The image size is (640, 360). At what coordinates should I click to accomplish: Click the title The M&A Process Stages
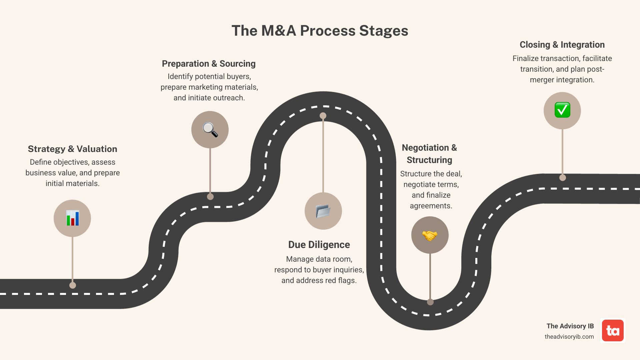(320, 31)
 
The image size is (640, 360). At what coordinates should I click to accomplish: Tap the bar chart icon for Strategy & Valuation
(72, 218)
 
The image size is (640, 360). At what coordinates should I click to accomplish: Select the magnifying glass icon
(210, 130)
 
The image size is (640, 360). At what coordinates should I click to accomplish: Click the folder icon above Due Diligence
(323, 211)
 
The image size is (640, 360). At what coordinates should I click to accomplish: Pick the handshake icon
(430, 235)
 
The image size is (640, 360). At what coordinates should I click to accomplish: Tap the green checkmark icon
(562, 110)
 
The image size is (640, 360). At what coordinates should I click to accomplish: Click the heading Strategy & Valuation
(72, 149)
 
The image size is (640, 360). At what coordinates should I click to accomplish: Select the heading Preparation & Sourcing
(209, 64)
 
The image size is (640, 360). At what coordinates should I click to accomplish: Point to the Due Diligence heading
(319, 245)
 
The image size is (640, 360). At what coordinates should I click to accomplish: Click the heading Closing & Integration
(562, 45)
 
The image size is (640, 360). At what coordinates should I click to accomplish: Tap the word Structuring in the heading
(429, 160)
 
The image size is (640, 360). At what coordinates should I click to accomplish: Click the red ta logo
(613, 331)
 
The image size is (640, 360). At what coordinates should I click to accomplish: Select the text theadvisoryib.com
(569, 337)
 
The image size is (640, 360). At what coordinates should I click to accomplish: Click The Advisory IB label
(570, 326)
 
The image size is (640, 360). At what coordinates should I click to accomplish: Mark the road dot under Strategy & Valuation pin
(73, 285)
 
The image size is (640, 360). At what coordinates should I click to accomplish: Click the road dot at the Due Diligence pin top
(323, 116)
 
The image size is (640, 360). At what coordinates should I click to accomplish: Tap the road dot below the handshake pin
(430, 302)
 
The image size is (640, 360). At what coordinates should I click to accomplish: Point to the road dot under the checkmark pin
(563, 178)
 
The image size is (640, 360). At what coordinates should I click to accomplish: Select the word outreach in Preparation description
(230, 98)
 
